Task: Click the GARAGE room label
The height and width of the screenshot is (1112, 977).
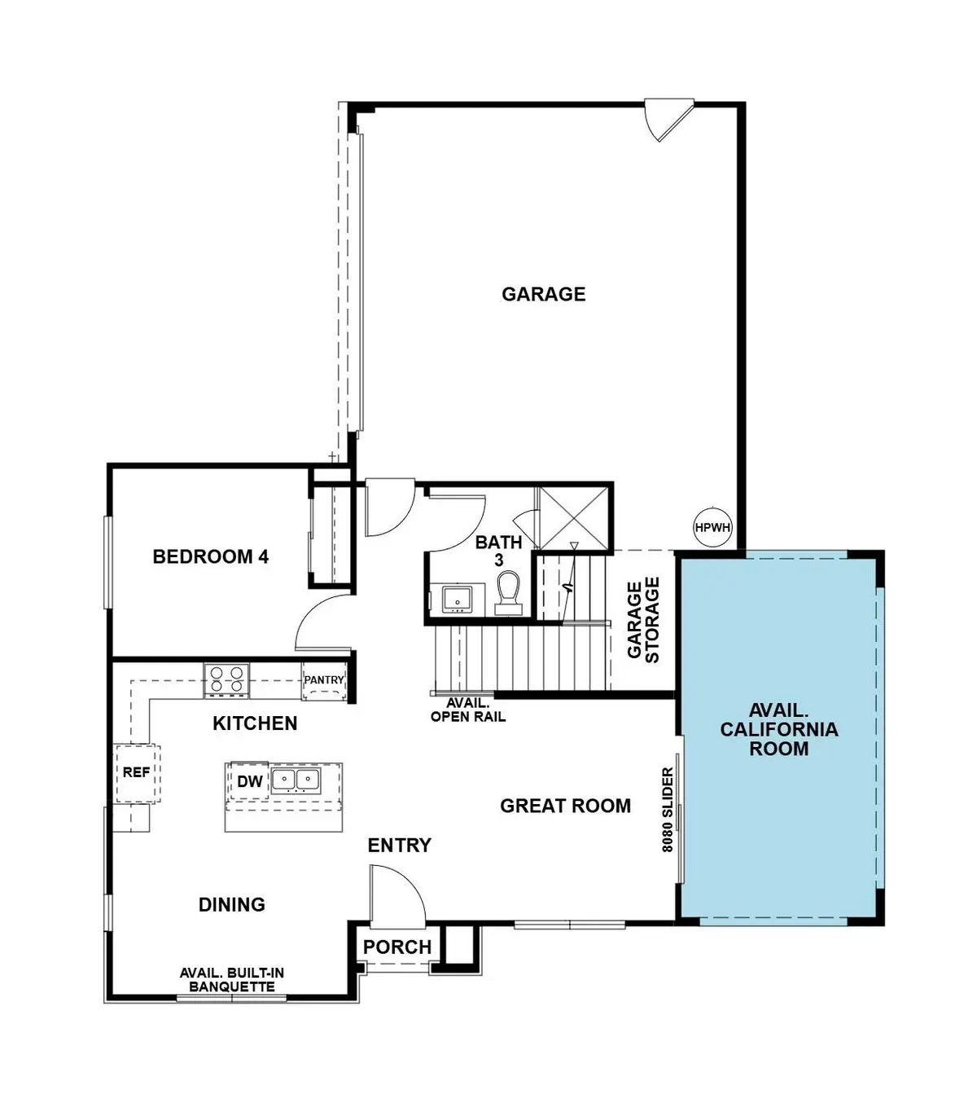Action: (543, 294)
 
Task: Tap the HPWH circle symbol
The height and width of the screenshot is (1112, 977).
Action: (712, 528)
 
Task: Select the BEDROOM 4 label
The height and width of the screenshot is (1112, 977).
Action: (211, 557)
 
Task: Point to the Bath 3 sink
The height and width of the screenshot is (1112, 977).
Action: (458, 599)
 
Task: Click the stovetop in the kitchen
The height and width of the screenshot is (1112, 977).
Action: (226, 679)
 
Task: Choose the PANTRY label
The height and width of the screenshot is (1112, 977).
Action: (324, 680)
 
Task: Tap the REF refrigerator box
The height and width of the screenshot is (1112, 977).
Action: (136, 772)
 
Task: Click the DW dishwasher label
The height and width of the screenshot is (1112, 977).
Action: (250, 782)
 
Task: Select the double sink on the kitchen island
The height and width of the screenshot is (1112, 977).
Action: (295, 780)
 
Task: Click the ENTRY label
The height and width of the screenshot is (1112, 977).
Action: (399, 846)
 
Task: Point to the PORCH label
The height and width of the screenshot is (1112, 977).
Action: (397, 947)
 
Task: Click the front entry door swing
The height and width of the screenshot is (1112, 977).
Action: (397, 896)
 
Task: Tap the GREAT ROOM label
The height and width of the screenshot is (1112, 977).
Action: (565, 807)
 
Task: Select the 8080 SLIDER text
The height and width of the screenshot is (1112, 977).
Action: (668, 811)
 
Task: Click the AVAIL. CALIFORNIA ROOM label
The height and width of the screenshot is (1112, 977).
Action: (778, 730)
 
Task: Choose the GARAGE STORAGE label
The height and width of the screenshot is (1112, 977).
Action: (643, 620)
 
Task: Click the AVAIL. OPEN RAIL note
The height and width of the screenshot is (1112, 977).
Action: (468, 710)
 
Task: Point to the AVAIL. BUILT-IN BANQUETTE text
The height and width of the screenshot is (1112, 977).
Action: (232, 980)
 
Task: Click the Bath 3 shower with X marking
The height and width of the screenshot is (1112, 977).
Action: (573, 518)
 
